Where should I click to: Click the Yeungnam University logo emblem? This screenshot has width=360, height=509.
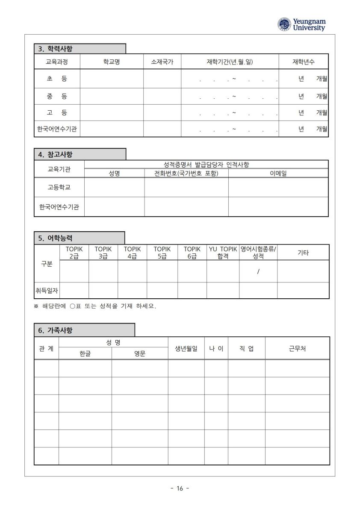(284, 24)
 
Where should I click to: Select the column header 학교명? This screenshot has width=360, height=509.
(112, 62)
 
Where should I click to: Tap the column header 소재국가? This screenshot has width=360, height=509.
(162, 62)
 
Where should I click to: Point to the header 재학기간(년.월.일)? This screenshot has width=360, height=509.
(230, 62)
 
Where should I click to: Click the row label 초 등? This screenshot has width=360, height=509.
(57, 79)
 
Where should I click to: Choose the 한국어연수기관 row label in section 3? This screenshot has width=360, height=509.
(57, 129)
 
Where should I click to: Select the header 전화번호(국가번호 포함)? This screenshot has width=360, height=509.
(186, 173)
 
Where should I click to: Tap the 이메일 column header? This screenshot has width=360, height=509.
(278, 173)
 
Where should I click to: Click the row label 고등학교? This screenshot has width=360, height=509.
(59, 187)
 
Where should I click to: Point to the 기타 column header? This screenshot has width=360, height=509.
(303, 253)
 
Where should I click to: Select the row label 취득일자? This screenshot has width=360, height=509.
(47, 291)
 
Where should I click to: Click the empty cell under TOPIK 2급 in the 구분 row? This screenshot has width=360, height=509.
(74, 271)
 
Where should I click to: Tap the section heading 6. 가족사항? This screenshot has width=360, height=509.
(55, 330)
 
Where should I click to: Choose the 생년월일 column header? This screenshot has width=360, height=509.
(186, 348)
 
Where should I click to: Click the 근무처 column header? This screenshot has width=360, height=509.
(297, 348)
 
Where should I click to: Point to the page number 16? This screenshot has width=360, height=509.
(180, 488)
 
